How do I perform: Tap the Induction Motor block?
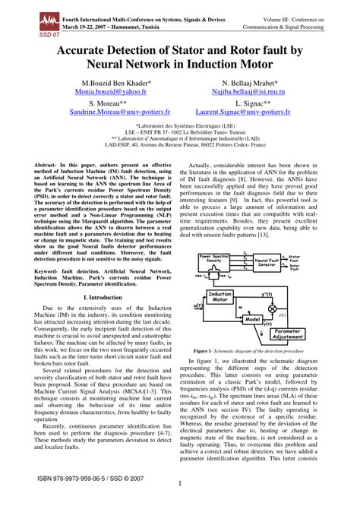[220, 297]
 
